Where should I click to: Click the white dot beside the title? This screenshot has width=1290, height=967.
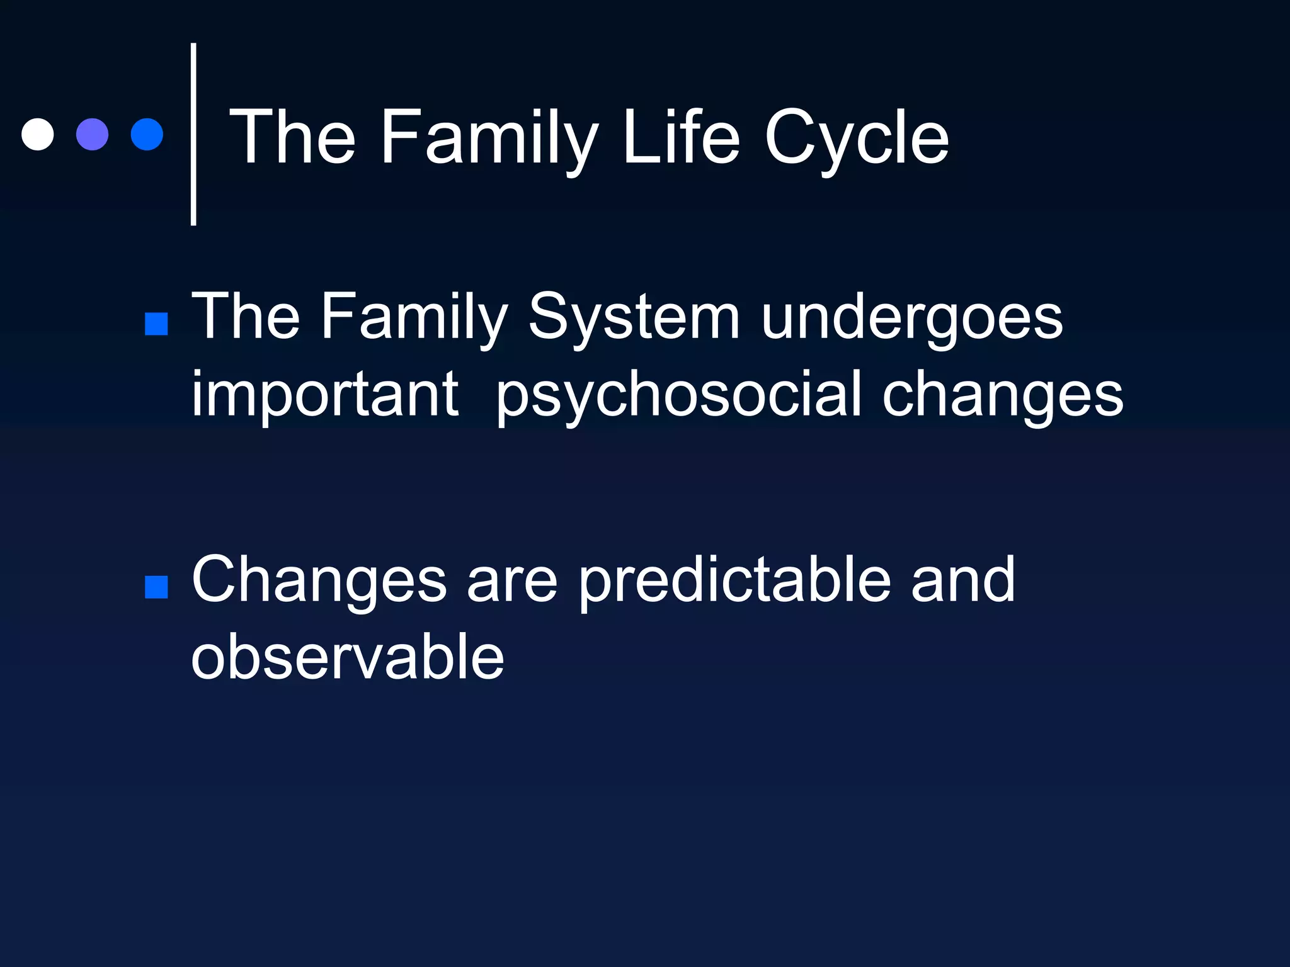click(38, 135)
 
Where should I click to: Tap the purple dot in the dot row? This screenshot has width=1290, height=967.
click(93, 135)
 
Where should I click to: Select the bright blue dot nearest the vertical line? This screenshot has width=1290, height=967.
click(147, 135)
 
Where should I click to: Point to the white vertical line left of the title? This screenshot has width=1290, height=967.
click(193, 135)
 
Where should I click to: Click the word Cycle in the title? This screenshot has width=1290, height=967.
click(856, 139)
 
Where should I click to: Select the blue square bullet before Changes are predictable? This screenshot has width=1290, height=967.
click(156, 587)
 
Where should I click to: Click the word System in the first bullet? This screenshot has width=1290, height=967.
click(633, 319)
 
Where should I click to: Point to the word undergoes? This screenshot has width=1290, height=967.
click(911, 319)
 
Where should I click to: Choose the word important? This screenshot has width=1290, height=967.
click(324, 395)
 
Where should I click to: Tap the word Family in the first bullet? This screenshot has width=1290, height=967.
click(414, 319)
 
